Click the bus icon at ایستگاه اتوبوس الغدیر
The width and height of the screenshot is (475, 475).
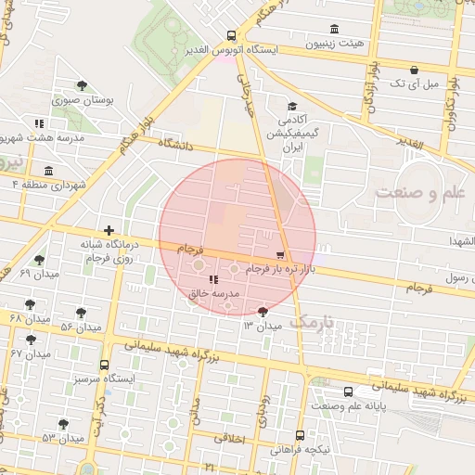pos(231,35)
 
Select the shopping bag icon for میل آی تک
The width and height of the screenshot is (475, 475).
pos(414,70)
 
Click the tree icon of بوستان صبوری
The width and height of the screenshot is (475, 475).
pos(83,85)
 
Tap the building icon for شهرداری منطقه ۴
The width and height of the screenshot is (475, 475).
pos(47,170)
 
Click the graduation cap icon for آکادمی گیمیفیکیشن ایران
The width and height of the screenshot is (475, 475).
pos(292,106)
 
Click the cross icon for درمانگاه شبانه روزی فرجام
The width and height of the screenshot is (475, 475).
pos(109,229)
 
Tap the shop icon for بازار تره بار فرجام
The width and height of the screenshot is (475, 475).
pos(281,253)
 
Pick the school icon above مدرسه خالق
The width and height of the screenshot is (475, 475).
pos(214,279)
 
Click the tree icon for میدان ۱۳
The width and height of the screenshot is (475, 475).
pos(263,312)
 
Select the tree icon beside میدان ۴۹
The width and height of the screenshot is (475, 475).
pos(39,261)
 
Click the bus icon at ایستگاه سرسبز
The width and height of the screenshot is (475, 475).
pos(104,365)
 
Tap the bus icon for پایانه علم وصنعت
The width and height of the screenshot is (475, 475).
pos(348,392)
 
